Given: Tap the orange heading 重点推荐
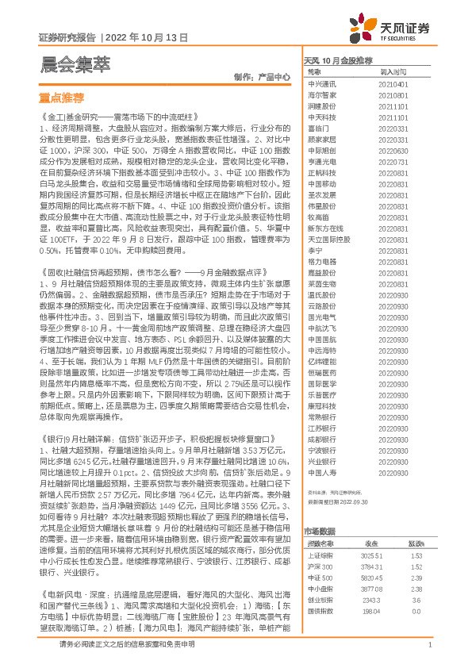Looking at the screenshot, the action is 61,98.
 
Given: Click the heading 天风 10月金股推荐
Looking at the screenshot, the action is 339,60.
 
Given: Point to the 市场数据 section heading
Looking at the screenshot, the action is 320,509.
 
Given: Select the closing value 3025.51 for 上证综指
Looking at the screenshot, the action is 375,534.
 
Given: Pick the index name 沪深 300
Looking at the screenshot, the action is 319,545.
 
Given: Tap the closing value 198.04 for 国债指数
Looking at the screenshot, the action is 372,589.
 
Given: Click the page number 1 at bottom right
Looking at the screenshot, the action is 428,645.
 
